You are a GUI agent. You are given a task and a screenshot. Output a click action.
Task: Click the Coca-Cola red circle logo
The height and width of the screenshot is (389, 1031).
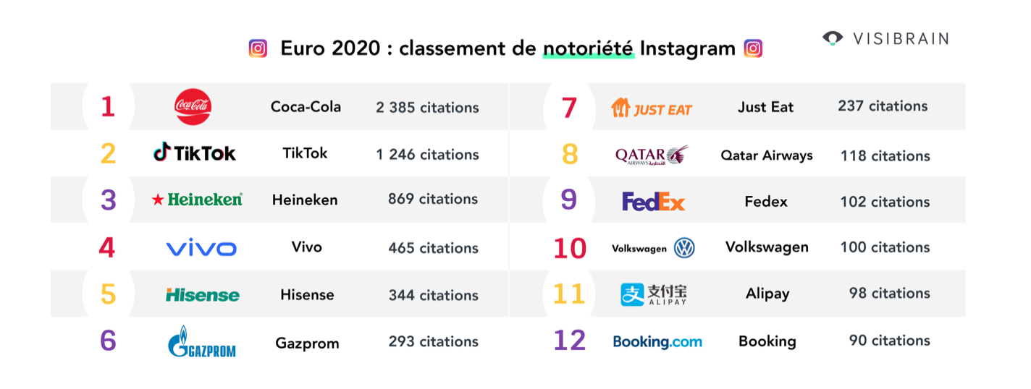click(193, 107)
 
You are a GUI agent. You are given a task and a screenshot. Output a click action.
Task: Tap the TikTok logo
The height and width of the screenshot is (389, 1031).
click(195, 153)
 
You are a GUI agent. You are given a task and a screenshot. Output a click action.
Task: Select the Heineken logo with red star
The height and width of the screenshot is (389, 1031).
click(197, 200)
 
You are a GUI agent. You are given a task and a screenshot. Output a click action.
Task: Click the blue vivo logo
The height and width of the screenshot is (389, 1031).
click(201, 249)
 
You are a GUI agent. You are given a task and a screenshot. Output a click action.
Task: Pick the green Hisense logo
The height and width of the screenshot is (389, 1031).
click(202, 295)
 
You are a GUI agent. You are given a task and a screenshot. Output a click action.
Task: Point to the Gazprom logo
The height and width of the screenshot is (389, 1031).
click(201, 342)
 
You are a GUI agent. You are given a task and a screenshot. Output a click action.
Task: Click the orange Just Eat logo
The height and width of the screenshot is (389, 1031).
click(652, 108)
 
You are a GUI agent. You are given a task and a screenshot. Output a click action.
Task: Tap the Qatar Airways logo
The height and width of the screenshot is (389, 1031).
click(652, 155)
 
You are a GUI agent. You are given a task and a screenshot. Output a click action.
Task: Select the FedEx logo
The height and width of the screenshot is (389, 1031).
click(653, 202)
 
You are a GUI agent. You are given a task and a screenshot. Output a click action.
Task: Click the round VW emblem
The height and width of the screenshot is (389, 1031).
click(683, 249)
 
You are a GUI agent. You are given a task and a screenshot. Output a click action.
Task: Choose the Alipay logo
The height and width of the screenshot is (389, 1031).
click(654, 294)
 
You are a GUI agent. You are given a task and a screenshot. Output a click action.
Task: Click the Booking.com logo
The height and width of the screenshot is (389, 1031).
click(657, 341)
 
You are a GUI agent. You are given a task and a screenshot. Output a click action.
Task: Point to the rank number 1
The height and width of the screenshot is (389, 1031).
click(108, 107)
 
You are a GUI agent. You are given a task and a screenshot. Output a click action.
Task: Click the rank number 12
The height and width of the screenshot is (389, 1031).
click(569, 341)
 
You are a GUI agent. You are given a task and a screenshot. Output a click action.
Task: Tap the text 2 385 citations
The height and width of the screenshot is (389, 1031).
click(427, 108)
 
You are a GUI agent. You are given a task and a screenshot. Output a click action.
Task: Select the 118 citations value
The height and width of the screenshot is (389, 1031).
click(885, 155)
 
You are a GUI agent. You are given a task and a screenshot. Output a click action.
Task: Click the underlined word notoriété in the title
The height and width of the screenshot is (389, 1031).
click(588, 49)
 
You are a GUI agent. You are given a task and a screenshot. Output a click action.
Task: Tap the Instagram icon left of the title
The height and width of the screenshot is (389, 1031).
click(258, 48)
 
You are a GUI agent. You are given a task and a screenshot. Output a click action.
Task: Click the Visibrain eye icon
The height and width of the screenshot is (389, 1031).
click(833, 38)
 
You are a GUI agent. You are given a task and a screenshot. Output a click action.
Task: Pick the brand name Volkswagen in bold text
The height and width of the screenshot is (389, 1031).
click(767, 247)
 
